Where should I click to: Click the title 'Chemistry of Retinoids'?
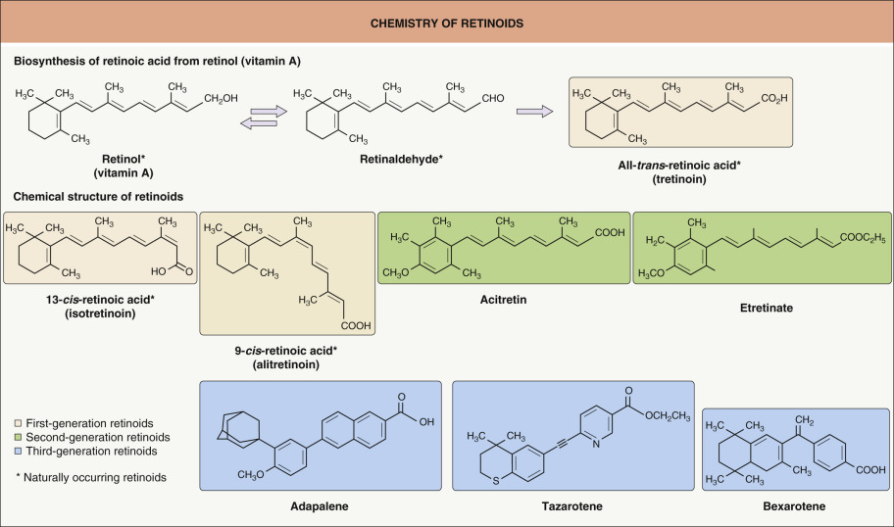click(446, 21)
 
